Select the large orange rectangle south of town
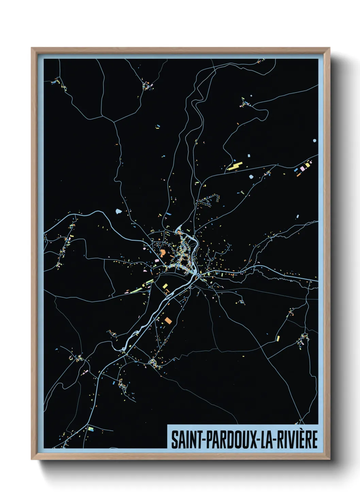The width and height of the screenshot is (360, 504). tap(168, 320)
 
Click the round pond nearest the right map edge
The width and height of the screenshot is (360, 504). tap(315, 140)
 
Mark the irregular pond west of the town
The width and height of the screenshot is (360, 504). tap(119, 211)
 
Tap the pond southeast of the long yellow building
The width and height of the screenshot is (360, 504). tap(251, 176)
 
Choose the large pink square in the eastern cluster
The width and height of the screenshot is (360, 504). tap(301, 169)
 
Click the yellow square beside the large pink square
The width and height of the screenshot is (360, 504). tap(307, 165)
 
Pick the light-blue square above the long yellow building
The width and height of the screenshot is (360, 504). tap(249, 156)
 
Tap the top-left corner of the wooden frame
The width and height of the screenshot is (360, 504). tap(32, 48)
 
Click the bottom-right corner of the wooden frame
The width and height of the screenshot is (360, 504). tap(330, 459)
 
